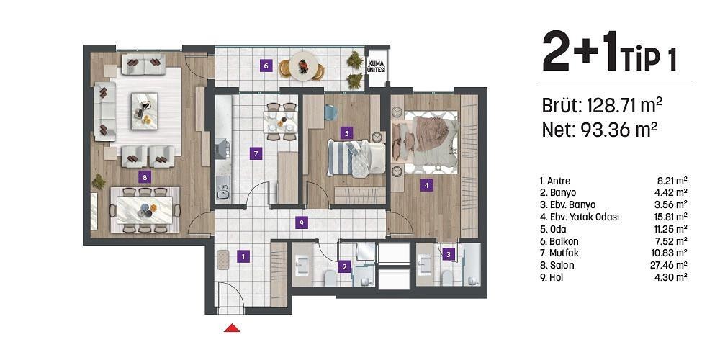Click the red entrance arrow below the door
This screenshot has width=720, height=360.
point(232,328)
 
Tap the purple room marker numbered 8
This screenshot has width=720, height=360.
point(145,176)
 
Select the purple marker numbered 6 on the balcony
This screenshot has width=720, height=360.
point(266,66)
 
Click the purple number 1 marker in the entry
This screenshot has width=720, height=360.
point(244,256)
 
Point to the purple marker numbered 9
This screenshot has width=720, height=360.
point(302,223)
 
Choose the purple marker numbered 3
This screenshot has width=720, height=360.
point(449,253)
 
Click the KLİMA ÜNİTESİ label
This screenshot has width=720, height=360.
point(376,67)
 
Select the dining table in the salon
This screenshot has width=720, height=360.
point(145,210)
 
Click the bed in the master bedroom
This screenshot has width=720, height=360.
point(424,143)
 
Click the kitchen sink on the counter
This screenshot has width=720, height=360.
point(222,192)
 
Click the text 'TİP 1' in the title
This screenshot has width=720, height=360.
point(647,58)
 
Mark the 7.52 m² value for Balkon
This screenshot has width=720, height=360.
point(672,240)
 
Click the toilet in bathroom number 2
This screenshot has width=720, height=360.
point(330,278)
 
